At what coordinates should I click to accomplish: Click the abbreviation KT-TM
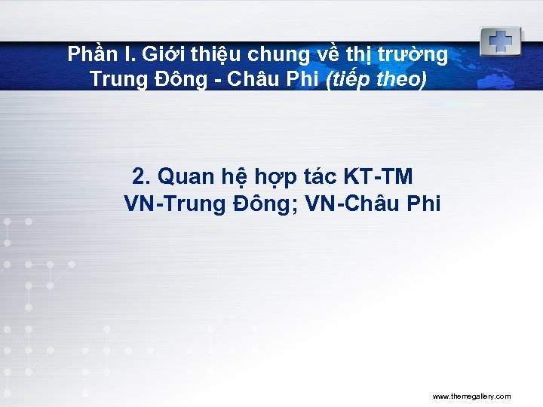click(x=379, y=177)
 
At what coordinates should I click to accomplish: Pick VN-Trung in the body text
click(x=171, y=204)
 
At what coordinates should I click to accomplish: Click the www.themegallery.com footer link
click(x=471, y=396)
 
